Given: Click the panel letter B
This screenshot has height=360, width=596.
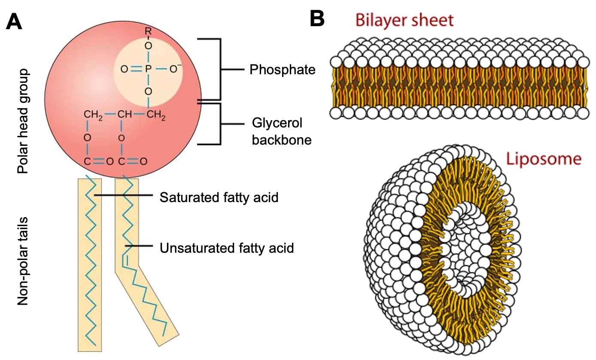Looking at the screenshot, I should point(316,19).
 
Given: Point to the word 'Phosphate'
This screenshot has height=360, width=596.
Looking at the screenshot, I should point(283,70).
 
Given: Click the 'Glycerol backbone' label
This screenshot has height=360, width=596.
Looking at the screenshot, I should point(282,132).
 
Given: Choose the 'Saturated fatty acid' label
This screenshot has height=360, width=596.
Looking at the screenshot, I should point(219,197).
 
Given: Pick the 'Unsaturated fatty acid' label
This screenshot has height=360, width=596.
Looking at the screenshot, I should point(227,248).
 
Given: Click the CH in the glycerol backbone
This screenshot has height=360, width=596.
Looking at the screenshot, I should point(125,115).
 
